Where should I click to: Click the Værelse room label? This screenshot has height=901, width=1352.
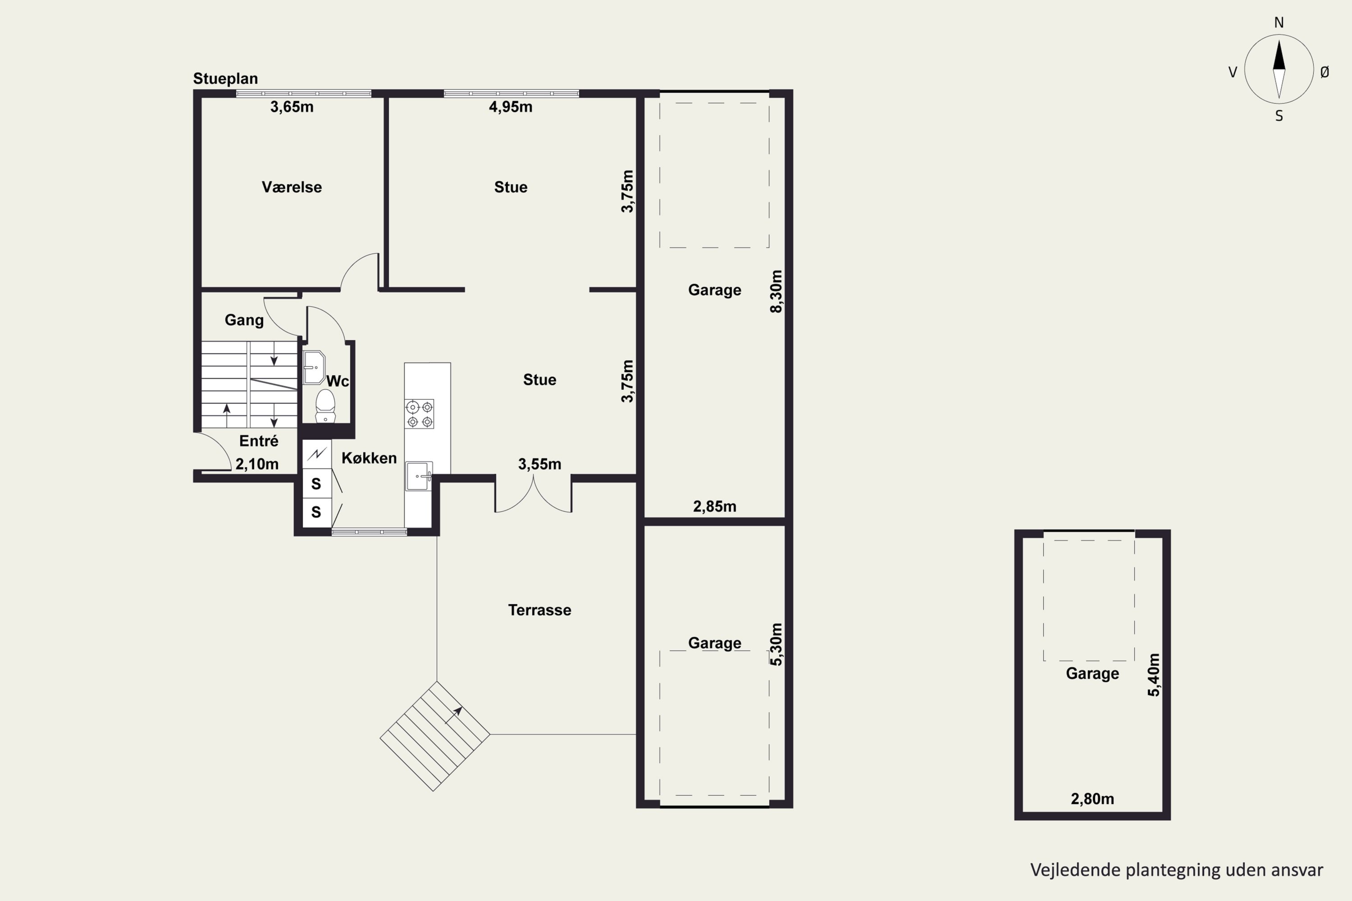[x=292, y=187]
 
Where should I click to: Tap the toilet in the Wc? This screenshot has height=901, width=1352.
[x=325, y=406]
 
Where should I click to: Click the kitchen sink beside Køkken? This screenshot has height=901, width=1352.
[x=419, y=476]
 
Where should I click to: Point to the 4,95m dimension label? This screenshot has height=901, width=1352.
[x=511, y=107]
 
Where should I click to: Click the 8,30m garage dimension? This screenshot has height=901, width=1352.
[x=776, y=291]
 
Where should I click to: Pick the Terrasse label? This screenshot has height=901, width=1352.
[x=540, y=610]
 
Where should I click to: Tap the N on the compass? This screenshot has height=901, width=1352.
[x=1279, y=23]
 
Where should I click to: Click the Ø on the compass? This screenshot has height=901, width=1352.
[x=1325, y=72]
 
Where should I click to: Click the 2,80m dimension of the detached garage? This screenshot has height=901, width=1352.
[x=1092, y=799]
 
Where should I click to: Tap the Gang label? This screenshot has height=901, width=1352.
[x=244, y=320]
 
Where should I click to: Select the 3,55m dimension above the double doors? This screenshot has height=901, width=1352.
[x=540, y=464]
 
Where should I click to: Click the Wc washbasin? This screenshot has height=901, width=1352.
[x=314, y=367]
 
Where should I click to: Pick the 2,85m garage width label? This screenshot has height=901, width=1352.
[x=714, y=506]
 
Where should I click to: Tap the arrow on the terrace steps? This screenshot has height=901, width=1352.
[x=454, y=715]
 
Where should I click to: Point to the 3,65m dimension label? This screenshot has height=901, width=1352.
[x=292, y=107]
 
